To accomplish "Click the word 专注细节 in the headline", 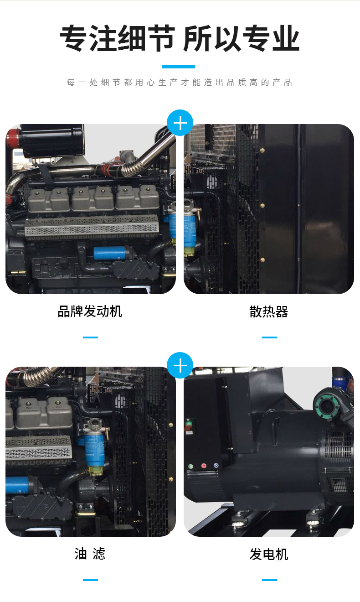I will click(117, 39).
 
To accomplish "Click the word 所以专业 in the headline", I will click(241, 39).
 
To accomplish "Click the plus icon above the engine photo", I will click(180, 123).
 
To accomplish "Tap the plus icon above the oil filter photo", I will click(180, 365).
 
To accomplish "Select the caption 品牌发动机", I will click(90, 312).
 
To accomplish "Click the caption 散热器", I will click(269, 312).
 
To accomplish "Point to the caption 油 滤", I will click(90, 554).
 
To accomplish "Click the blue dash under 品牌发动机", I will click(90, 337).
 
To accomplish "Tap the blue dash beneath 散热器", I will click(269, 337).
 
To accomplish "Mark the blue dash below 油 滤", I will click(90, 580).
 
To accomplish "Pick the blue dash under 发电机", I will click(269, 580).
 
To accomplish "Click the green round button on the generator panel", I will click(191, 467).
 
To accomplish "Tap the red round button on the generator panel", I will click(204, 466).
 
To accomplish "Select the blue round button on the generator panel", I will click(216, 466).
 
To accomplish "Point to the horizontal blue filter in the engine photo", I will click(110, 252).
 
